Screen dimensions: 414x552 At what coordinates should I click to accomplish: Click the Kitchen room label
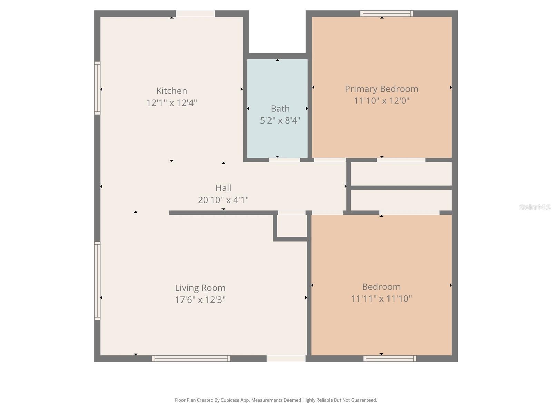[x=171, y=91]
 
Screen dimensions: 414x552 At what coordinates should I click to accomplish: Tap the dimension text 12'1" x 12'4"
[x=171, y=103]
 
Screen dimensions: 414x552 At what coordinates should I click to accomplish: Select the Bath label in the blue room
[x=280, y=109]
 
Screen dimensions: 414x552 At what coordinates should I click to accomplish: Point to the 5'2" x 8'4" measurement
[x=280, y=120]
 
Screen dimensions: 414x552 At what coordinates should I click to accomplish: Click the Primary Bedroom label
[x=382, y=89]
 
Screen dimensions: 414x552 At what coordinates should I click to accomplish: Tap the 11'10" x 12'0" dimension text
[x=382, y=101]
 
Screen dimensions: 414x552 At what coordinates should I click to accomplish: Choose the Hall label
[x=223, y=188]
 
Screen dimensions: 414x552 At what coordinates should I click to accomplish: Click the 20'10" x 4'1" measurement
[x=223, y=200]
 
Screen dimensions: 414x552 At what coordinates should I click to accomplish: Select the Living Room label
[x=200, y=288]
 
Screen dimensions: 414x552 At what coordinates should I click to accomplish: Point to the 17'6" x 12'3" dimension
[x=200, y=299]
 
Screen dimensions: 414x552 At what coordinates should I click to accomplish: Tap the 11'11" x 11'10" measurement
[x=381, y=298]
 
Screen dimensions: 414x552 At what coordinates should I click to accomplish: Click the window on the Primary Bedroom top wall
[x=386, y=14]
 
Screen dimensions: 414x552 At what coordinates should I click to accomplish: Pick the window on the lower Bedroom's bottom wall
[x=390, y=358]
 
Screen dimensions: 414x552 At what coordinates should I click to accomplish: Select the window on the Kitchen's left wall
[x=98, y=88]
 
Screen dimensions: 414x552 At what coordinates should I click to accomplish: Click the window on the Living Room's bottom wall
[x=191, y=358]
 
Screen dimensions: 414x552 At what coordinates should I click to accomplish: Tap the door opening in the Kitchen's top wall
[x=195, y=14]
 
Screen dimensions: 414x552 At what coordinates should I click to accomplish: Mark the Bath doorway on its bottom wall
[x=284, y=160]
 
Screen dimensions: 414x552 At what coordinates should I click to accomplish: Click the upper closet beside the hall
[x=401, y=174]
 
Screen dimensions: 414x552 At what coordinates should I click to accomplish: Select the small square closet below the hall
[x=292, y=226]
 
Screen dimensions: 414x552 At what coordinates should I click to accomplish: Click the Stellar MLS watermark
[x=534, y=207]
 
